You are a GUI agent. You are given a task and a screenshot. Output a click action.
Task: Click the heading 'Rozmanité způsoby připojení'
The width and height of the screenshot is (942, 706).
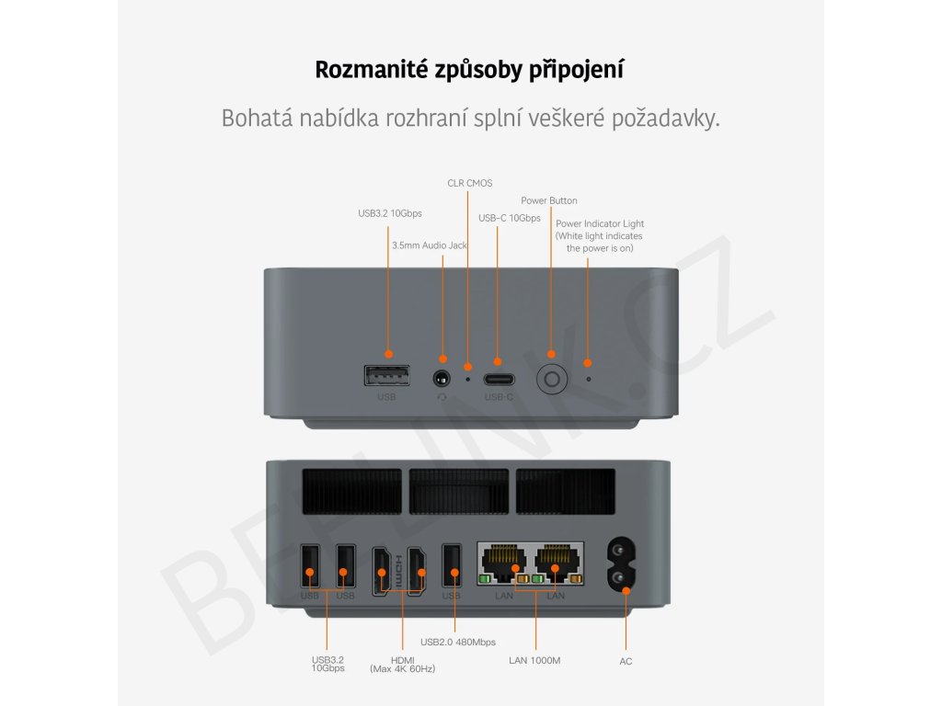[469, 70]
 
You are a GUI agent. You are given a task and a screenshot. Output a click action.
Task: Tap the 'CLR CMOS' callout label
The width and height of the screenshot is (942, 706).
[469, 183]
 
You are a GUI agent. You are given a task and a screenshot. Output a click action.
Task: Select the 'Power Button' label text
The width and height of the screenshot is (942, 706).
[549, 200]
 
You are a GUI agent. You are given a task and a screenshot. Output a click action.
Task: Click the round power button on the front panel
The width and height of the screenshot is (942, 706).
[551, 379]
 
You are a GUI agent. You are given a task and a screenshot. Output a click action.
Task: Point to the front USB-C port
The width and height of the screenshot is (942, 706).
[498, 377]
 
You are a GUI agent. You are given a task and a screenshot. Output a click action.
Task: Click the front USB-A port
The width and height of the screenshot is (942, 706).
[387, 376]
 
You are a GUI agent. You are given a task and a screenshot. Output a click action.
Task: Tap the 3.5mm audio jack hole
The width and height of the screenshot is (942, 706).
[443, 378]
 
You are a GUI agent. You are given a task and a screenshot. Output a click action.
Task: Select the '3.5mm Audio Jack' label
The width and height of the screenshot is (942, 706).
[430, 245]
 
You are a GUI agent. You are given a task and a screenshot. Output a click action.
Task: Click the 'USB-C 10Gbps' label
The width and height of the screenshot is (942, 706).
[510, 218]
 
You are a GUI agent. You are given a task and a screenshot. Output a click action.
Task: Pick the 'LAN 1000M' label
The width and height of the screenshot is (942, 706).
[534, 660]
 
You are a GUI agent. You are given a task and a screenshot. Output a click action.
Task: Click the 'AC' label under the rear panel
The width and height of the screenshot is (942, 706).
[626, 661]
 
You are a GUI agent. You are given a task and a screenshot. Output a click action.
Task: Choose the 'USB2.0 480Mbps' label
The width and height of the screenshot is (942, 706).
[458, 642]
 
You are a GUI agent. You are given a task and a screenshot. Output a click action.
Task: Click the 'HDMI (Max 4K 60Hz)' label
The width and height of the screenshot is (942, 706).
[402, 664]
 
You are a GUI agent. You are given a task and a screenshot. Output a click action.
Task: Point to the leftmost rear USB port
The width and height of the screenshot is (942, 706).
[310, 567]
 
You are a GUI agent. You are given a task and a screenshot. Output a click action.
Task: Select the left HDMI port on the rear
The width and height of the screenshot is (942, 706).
[381, 570]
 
